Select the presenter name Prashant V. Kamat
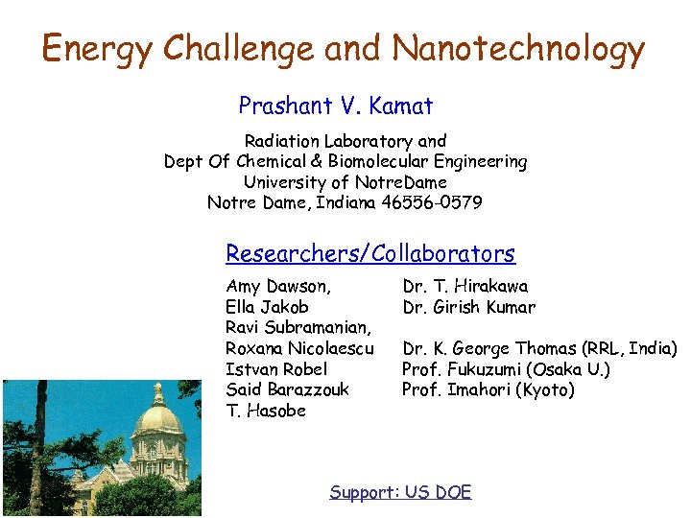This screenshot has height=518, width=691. pyautogui.click(x=335, y=106)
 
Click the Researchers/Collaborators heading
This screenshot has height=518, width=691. pyautogui.click(x=369, y=253)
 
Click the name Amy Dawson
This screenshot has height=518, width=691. pyautogui.click(x=278, y=286)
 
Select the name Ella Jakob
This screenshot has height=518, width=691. pyautogui.click(x=267, y=307)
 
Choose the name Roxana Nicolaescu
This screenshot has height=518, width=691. pyautogui.click(x=299, y=348)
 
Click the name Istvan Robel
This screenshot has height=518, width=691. pyautogui.click(x=276, y=369)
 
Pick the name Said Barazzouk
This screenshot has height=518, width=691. pyautogui.click(x=287, y=389)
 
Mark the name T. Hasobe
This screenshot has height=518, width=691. pyautogui.click(x=266, y=411)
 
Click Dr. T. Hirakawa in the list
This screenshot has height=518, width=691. pyautogui.click(x=465, y=286)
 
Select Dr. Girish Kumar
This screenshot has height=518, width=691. pyautogui.click(x=469, y=307)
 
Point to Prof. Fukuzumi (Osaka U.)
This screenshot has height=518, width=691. pyautogui.click(x=506, y=369)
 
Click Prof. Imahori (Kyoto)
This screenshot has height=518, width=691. pyautogui.click(x=488, y=389)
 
